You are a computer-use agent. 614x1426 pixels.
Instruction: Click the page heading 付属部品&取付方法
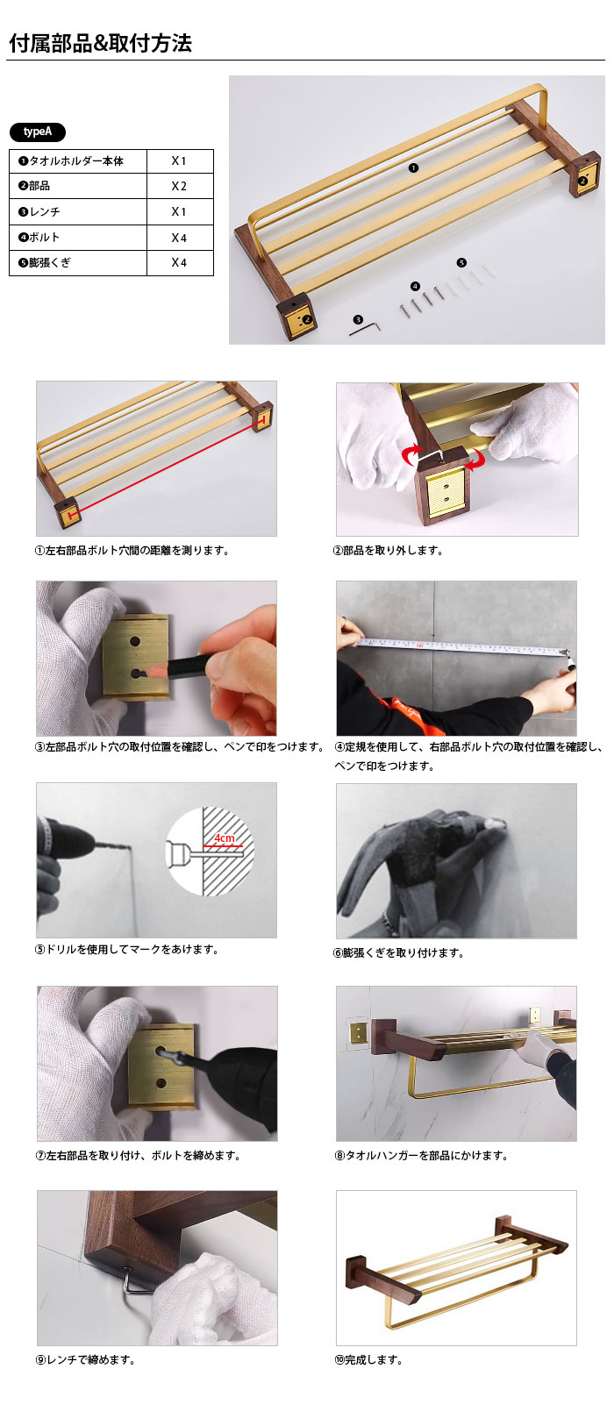[100, 43]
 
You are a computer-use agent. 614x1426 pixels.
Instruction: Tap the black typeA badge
[38, 132]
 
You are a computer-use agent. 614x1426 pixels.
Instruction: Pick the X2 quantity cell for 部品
[179, 186]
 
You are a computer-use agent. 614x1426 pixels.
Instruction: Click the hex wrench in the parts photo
[365, 328]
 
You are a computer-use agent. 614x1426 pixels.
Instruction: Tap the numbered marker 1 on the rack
[413, 168]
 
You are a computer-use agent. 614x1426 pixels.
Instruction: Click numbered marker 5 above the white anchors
[461, 262]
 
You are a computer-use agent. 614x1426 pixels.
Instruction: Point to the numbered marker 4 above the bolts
[415, 287]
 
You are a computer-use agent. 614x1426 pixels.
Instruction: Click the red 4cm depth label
[225, 838]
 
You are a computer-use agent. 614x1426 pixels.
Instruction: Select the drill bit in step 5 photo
[115, 846]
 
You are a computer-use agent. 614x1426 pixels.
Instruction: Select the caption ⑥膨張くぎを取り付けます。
[399, 953]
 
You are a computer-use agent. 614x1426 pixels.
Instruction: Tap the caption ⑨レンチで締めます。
[85, 1360]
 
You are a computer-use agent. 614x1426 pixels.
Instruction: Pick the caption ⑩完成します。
[368, 1360]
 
